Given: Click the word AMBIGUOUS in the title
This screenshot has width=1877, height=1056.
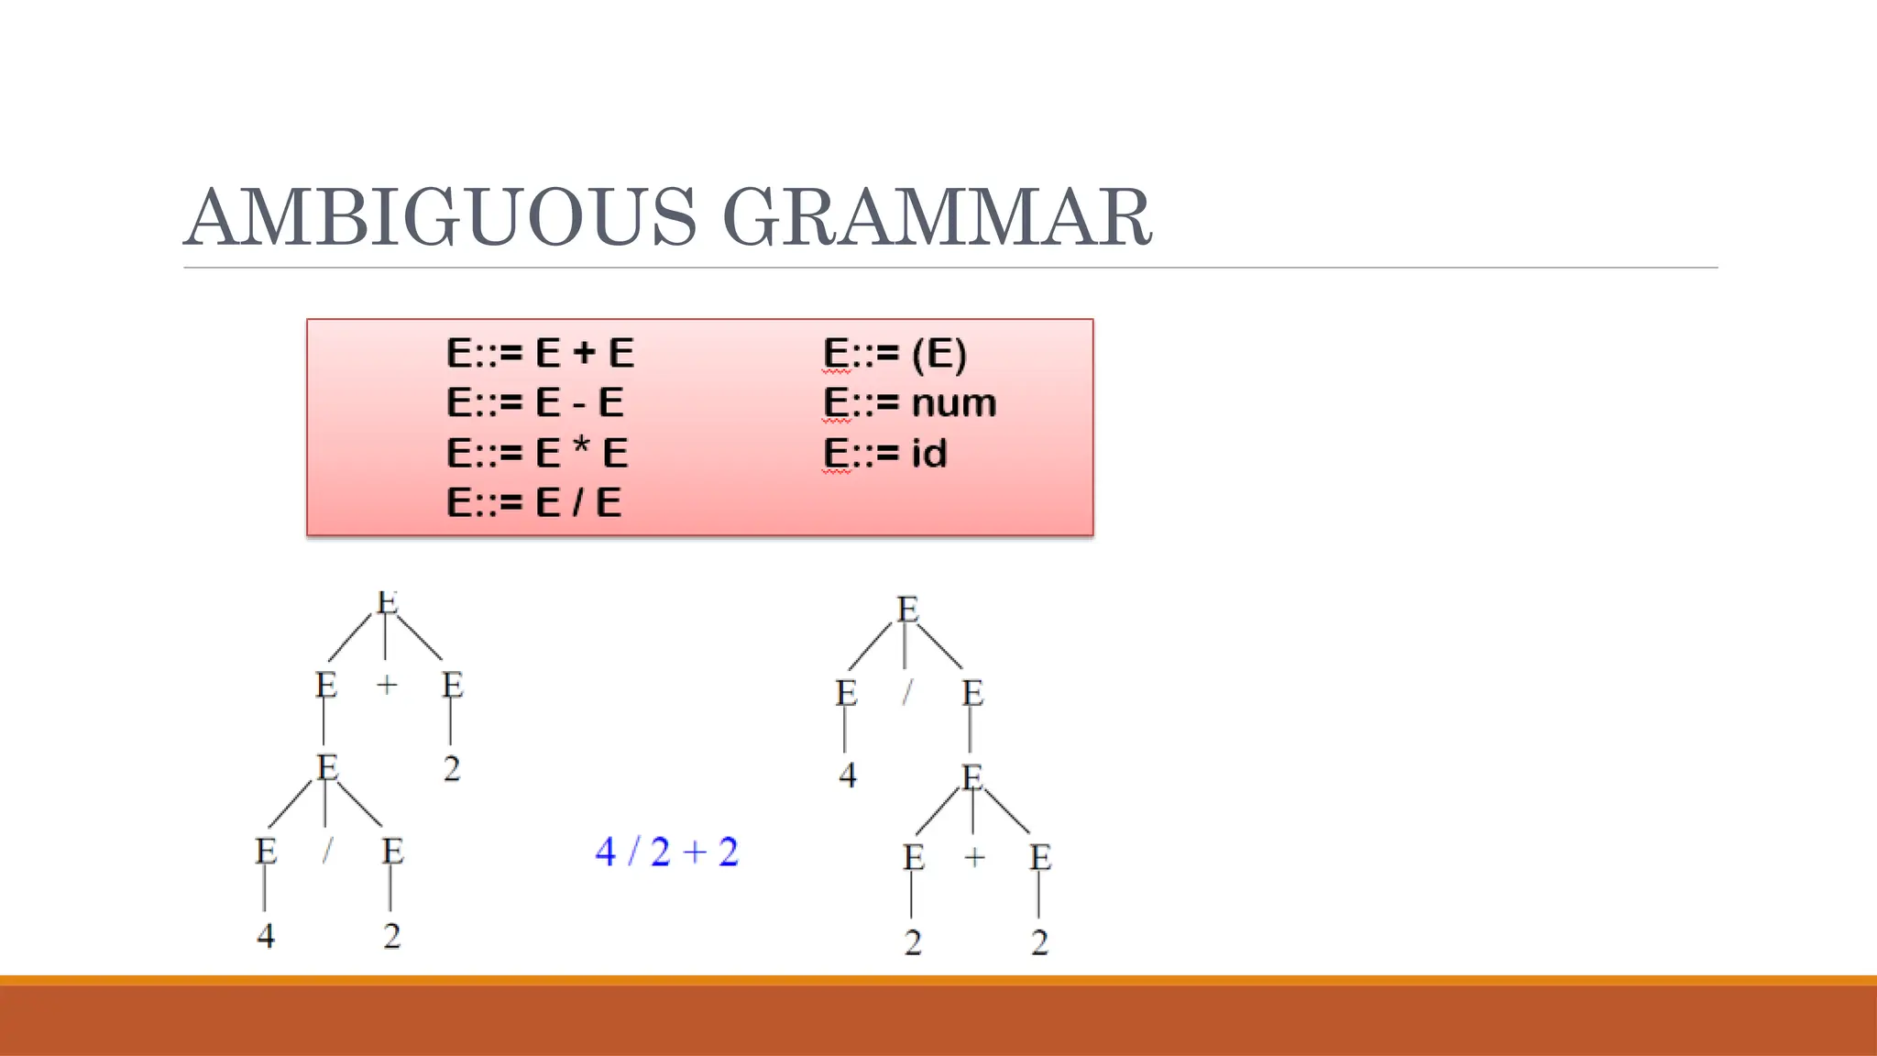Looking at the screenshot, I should point(441,217).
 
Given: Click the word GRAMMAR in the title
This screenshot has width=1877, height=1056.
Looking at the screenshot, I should point(937,217).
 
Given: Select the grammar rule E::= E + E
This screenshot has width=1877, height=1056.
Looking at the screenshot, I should point(540,353).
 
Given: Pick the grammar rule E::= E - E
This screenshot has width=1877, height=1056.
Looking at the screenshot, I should point(534,402).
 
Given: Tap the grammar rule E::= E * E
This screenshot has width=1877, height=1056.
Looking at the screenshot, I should point(537,453).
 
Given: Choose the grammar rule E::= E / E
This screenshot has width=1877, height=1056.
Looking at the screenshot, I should point(533,502).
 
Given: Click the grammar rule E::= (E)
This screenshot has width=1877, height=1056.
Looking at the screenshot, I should point(895,353).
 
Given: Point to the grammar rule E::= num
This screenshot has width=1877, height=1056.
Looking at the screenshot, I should point(909,402).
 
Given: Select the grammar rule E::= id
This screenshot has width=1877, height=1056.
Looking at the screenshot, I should point(884,453).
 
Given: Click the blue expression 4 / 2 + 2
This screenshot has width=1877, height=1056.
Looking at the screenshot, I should point(666,852).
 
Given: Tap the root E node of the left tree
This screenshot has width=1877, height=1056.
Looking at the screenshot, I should point(387,603).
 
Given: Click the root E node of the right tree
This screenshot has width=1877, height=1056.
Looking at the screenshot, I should point(906,610).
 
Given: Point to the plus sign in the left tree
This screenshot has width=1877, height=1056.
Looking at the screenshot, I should point(387,684).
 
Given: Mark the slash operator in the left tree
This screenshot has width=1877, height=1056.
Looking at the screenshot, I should point(327,851).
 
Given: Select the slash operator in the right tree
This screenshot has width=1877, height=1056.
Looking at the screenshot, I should point(906,692).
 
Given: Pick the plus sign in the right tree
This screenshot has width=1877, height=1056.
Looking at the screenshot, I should point(974,857).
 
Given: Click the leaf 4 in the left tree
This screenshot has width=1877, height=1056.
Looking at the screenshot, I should point(265,936).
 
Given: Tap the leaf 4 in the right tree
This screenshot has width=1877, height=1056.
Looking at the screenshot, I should point(847,775).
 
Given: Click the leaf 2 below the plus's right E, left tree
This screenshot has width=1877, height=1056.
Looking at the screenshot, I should point(451,768).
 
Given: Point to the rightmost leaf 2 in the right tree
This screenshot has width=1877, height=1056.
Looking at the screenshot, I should point(1038,942).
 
